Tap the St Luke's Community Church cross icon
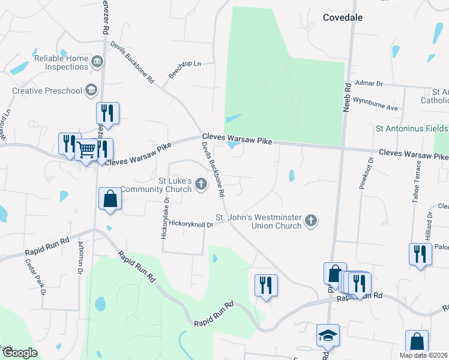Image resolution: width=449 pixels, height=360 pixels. click(x=201, y=185)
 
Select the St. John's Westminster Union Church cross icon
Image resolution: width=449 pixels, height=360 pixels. click(x=310, y=221)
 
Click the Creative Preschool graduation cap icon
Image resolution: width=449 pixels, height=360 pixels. click(x=91, y=90)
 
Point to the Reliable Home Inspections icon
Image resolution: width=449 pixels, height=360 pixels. click(x=97, y=62)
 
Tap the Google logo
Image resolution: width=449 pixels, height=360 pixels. click(x=19, y=353)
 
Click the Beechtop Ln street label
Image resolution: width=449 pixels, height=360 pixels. click(x=184, y=69)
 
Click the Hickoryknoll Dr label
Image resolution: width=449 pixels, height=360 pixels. click(x=191, y=224)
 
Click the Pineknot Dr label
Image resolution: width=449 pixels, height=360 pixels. click(x=370, y=173)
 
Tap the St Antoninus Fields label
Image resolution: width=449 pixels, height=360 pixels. click(x=411, y=128)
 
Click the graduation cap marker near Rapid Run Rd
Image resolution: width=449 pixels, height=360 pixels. click(x=328, y=335)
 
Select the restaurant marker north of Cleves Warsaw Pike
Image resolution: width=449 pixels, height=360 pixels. click(x=107, y=112)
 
